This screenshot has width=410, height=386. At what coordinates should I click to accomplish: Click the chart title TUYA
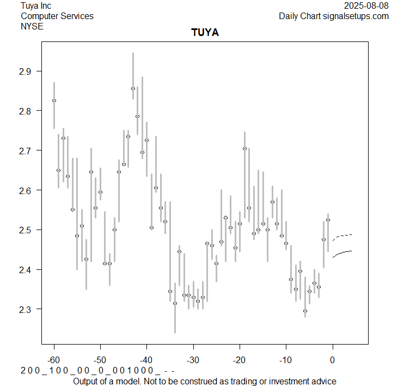pos(205,33)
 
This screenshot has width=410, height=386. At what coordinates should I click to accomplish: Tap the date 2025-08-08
pos(366,5)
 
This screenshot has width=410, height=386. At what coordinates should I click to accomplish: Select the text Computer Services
pos(57,16)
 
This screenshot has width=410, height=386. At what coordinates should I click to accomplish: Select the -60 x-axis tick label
pos(53,360)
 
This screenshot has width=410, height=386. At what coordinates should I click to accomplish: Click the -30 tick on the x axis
pos(193,360)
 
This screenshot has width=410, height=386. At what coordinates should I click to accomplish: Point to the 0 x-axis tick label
pos(333,360)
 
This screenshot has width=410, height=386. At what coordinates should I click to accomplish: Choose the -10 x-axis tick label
pos(286,360)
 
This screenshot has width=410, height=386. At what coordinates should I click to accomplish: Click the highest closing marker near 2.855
pos(133,88)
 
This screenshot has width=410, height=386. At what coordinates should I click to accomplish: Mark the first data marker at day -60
pos(54,100)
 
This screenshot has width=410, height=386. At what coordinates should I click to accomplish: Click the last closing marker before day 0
pos(328,220)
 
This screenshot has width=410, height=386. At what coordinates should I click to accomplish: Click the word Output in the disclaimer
pos(87,381)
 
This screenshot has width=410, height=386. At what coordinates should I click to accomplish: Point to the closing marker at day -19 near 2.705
pos(244,148)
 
